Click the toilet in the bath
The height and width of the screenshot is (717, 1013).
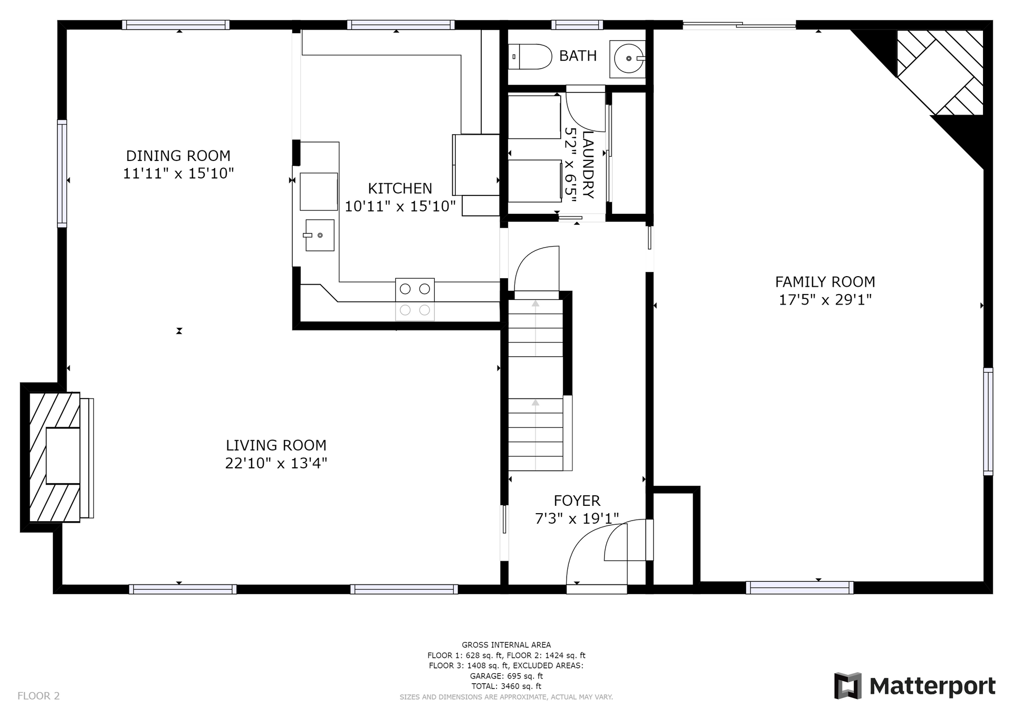point(530,56)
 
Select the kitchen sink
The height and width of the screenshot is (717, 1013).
point(319,235)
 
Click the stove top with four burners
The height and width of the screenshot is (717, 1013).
point(415,299)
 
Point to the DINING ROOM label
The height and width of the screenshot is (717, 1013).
point(178,156)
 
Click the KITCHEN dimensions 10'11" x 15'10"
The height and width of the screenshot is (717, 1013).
point(400,206)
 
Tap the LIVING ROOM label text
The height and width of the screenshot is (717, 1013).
point(276,445)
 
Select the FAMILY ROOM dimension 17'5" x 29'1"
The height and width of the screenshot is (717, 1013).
point(825,300)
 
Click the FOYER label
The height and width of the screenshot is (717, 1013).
point(577,501)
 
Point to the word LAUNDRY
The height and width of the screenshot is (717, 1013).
point(588,165)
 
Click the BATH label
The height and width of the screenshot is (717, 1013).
point(578,55)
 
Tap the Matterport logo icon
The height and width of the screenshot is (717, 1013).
point(847,686)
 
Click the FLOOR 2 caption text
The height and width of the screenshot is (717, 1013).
point(39,696)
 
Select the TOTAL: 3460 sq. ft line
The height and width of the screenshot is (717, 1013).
point(506,686)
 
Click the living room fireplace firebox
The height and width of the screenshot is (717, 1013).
point(63,456)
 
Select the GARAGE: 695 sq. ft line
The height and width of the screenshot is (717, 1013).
point(506,676)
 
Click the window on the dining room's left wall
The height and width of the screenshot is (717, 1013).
point(62,174)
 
